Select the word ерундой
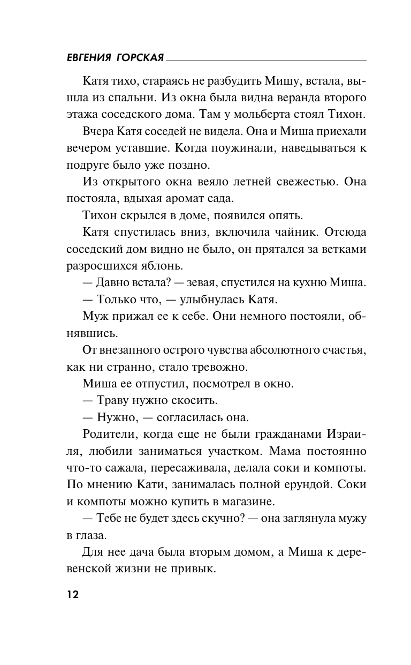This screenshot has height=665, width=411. pyautogui.click(x=300, y=485)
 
